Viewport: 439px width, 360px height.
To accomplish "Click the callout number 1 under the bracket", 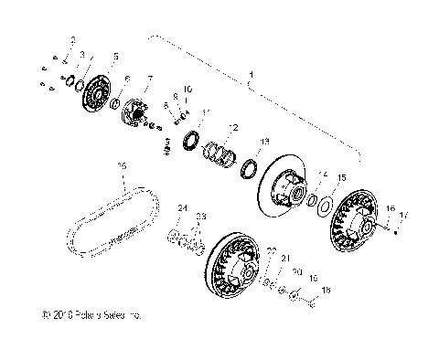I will pos(252,74).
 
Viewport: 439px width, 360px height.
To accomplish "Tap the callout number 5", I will pos(114,57).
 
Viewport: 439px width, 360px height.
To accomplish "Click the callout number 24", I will pos(181,209).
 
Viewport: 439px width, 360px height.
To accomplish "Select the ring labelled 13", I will pos(249,169).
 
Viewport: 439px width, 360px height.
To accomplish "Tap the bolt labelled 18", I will pos(311,295).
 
